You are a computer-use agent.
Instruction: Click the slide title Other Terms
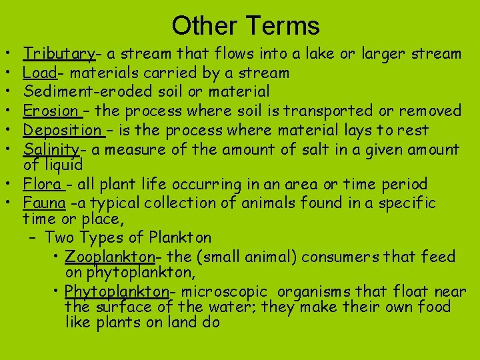[245, 26]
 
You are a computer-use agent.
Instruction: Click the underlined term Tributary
[59, 54]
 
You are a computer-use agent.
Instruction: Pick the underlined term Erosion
[50, 110]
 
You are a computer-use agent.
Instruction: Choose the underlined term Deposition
[62, 129]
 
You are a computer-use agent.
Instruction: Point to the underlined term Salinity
[51, 148]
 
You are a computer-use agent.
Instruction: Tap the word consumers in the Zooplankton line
[345, 257]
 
